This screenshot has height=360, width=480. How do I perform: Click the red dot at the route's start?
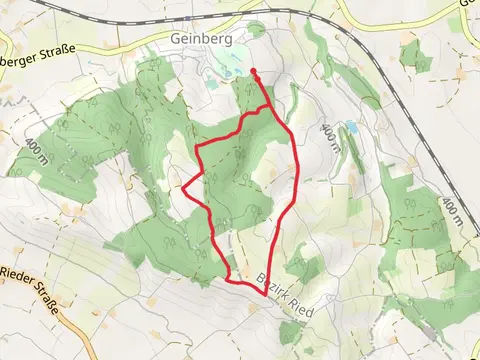coord(254,72)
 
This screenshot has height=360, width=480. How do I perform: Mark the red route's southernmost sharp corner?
coord(265,295)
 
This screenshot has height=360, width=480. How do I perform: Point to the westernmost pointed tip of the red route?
coord(183,185)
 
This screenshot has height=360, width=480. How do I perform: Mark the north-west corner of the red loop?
coord(196,148)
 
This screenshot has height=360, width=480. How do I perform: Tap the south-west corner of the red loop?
coord(230,278)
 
